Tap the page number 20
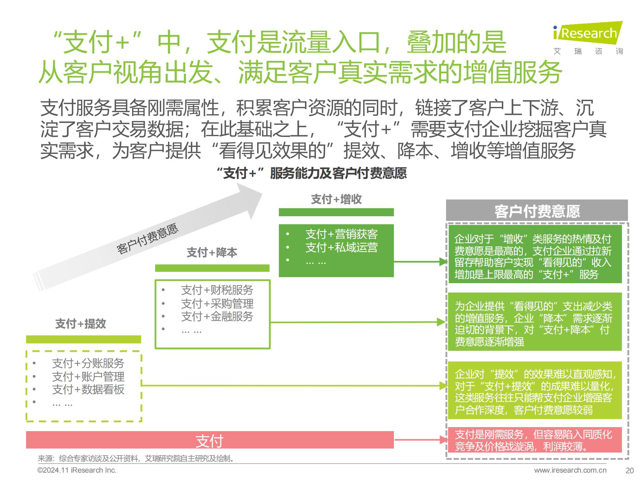pos(630,471)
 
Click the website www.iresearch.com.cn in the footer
pos(570,470)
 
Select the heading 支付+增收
pos(336,199)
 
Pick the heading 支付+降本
pos(212,252)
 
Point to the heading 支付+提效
pos(81,324)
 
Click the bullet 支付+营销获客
pos(341,234)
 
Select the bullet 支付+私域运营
pos(341,247)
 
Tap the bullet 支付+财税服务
pos(217,290)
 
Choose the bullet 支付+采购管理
pos(217,304)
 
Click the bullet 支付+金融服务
pos(217,316)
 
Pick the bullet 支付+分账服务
pos(88,363)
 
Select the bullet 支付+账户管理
pos(88,377)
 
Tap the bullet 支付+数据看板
pos(88,389)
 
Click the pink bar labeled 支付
pos(210,440)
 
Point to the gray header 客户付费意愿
pos(537,211)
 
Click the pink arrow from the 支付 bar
pos(421,440)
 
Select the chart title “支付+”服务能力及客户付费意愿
pos(312,173)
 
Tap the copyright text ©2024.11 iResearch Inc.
pos(77,470)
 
